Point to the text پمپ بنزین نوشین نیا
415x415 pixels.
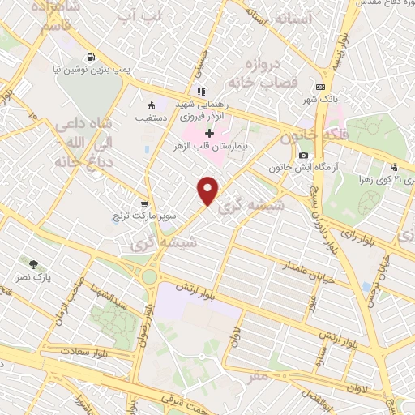click(88, 71)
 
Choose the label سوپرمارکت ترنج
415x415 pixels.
click(145, 217)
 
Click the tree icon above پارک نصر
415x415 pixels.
click(33, 264)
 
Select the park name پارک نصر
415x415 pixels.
click(33, 277)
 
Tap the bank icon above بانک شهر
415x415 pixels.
click(321, 87)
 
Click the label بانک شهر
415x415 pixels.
click(321, 99)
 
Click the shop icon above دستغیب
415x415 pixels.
click(150, 105)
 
